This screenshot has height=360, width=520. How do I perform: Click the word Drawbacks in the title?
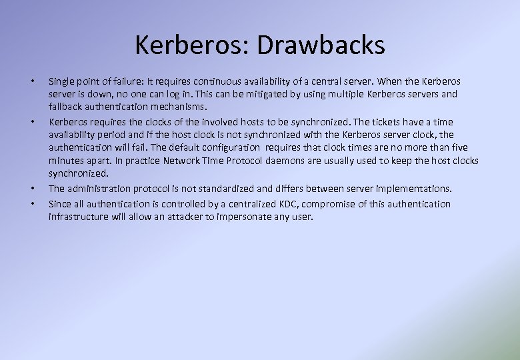pos(320,45)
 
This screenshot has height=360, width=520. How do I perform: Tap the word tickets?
pos(376,122)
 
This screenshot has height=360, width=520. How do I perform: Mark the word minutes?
pos(66,161)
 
